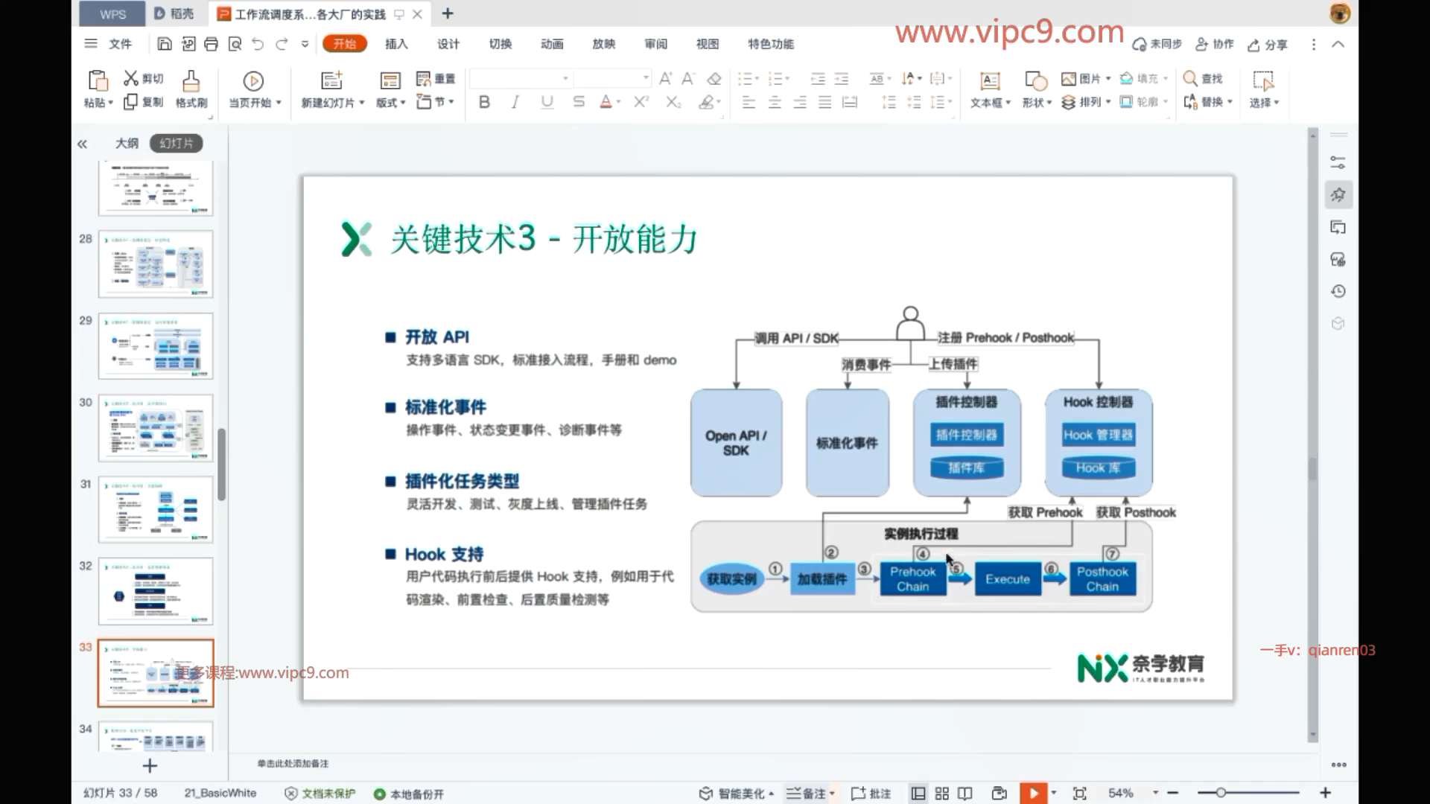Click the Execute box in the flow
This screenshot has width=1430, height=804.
1007,579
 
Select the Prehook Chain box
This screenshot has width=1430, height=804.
912,579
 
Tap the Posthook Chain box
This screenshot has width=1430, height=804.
1102,579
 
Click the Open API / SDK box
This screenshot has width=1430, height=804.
736,443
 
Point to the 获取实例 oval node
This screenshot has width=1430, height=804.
731,579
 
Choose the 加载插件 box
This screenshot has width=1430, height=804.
822,579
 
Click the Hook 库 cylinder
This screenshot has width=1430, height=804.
1098,468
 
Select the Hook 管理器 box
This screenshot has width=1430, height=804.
1098,435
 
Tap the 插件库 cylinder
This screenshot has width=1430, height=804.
967,468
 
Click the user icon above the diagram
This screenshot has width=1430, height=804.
910,323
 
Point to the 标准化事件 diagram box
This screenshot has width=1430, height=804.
847,443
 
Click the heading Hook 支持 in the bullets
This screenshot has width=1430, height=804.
444,555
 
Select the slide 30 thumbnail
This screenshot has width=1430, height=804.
156,428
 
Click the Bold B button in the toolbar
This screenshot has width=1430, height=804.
484,102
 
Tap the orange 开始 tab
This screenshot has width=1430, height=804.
345,44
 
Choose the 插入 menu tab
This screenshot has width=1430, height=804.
396,44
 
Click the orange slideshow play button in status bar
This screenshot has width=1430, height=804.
1033,794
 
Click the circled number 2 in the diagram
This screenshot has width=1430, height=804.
831,552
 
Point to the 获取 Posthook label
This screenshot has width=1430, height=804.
1136,513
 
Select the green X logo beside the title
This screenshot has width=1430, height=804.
356,239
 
